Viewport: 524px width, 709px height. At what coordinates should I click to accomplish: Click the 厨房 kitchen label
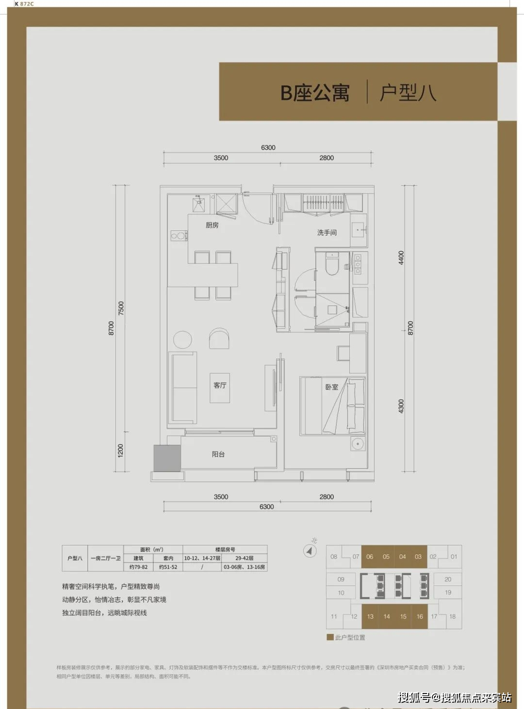point(212,225)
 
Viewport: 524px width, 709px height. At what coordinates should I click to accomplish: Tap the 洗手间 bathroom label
point(327,233)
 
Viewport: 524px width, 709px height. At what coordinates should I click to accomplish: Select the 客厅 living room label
point(220,386)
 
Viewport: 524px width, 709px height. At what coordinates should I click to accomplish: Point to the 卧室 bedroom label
point(332,387)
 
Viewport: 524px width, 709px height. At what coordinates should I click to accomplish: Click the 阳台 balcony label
point(218,454)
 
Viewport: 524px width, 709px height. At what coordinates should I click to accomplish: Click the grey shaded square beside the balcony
point(167,458)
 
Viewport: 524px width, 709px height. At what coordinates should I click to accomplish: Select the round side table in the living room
point(182,339)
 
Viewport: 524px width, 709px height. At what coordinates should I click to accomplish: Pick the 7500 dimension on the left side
point(121,308)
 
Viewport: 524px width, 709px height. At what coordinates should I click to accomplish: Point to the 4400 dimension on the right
point(401,258)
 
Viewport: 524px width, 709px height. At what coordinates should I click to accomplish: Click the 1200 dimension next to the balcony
point(121,450)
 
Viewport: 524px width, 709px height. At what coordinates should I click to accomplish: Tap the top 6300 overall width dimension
point(268,147)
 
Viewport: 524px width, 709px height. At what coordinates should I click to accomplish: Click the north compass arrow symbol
point(310,550)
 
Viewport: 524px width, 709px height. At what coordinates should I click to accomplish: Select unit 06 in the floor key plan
point(370,557)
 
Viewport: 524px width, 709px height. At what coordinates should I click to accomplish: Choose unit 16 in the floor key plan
point(420,616)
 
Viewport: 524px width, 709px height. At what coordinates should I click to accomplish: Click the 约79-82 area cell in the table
point(138,567)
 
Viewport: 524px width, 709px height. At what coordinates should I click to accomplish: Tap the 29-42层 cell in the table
point(245,558)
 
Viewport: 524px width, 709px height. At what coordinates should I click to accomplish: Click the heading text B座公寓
point(315,93)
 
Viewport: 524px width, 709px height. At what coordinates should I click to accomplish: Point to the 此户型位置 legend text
point(350,637)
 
